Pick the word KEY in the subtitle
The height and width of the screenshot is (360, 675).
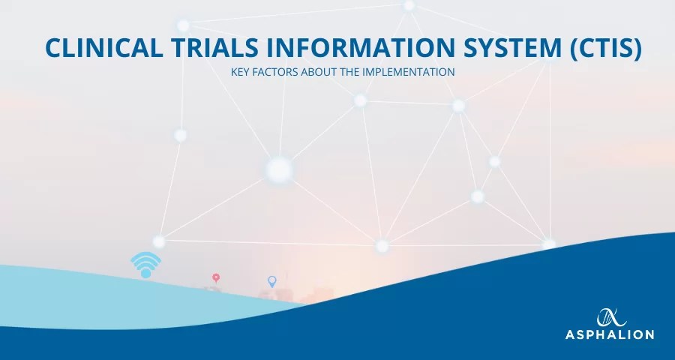pos(243,73)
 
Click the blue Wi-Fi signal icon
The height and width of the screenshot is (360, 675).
pos(145,265)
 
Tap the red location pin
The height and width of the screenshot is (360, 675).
pos(216,278)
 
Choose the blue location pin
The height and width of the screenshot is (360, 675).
pos(272,281)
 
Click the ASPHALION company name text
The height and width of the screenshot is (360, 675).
pos(609,334)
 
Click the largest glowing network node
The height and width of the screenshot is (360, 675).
pos(279,170)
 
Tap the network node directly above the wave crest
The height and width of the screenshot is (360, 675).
pos(382,245)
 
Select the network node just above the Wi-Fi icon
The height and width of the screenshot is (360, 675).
pos(159,241)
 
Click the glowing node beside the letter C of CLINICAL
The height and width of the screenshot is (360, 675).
pos(184,25)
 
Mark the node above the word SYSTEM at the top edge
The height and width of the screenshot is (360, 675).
pos(409,5)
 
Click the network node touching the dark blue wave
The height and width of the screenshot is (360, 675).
pos(549,244)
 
